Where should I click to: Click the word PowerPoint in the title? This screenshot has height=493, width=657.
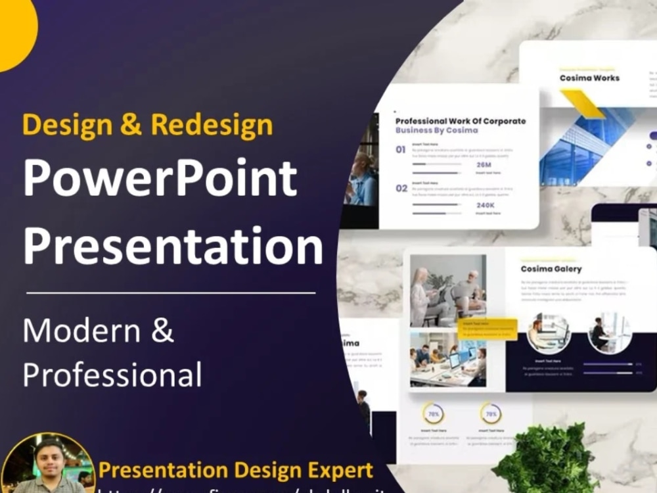tap(160, 179)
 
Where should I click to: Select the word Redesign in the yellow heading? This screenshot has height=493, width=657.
tap(212, 124)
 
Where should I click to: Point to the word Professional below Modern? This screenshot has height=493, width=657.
tap(112, 375)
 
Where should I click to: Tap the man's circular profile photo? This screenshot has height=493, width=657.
tap(47, 464)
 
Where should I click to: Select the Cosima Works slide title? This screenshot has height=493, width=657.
tap(589, 78)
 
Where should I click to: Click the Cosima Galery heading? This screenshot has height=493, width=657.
tap(551, 268)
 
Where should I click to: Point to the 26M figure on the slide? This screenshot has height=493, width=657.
tap(484, 165)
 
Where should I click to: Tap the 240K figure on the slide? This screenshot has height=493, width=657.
tap(484, 204)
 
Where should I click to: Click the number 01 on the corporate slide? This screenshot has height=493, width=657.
tap(401, 150)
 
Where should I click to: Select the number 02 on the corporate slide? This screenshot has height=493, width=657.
tap(401, 189)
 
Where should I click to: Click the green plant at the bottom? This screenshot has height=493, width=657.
tap(548, 460)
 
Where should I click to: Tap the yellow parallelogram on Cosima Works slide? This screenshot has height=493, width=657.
tap(582, 104)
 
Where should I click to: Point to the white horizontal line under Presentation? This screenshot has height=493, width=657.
tap(171, 293)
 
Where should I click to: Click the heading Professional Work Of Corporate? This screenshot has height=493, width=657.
tap(460, 121)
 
